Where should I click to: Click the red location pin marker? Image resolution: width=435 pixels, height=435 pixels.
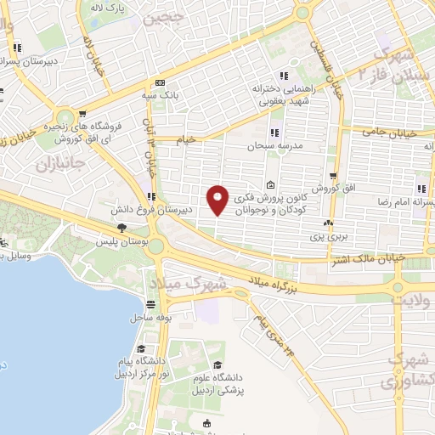218,199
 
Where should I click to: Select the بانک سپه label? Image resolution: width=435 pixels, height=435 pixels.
161,96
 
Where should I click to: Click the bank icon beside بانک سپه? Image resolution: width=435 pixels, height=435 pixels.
160,83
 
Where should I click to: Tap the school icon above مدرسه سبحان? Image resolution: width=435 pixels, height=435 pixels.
274,133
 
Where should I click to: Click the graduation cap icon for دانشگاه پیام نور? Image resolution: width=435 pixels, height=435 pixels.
138,350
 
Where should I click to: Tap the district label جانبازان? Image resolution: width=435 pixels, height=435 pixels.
56,162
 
